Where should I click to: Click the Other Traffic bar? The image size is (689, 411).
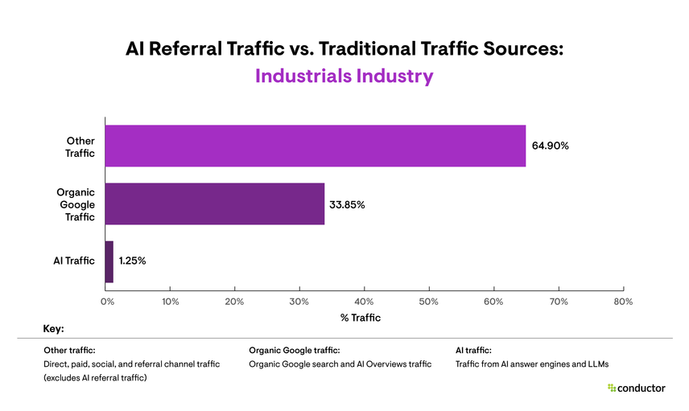[x=314, y=146]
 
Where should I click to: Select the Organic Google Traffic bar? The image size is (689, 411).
[x=214, y=204]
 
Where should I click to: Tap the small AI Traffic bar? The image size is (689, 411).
[x=109, y=261]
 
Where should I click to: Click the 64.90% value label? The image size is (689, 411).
[x=551, y=146]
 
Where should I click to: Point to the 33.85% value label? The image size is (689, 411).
[x=347, y=205]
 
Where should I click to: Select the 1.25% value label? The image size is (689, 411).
[x=132, y=261]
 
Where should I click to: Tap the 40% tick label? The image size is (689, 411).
[x=364, y=302]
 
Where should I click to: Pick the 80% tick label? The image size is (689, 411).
[x=623, y=302]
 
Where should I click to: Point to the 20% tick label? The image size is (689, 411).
[x=234, y=302]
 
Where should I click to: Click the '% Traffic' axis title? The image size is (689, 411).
[x=361, y=318]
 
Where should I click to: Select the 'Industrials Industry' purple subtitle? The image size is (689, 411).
[x=344, y=76]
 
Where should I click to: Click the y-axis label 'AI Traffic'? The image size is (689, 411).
[x=74, y=261]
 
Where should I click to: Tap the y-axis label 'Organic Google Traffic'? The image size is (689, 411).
[x=76, y=204]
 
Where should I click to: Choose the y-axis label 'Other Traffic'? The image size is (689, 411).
[x=80, y=146]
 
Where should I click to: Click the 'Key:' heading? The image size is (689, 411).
[x=53, y=330]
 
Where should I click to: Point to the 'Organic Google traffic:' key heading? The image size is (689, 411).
[x=295, y=351]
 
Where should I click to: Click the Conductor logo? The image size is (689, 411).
[x=636, y=388]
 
